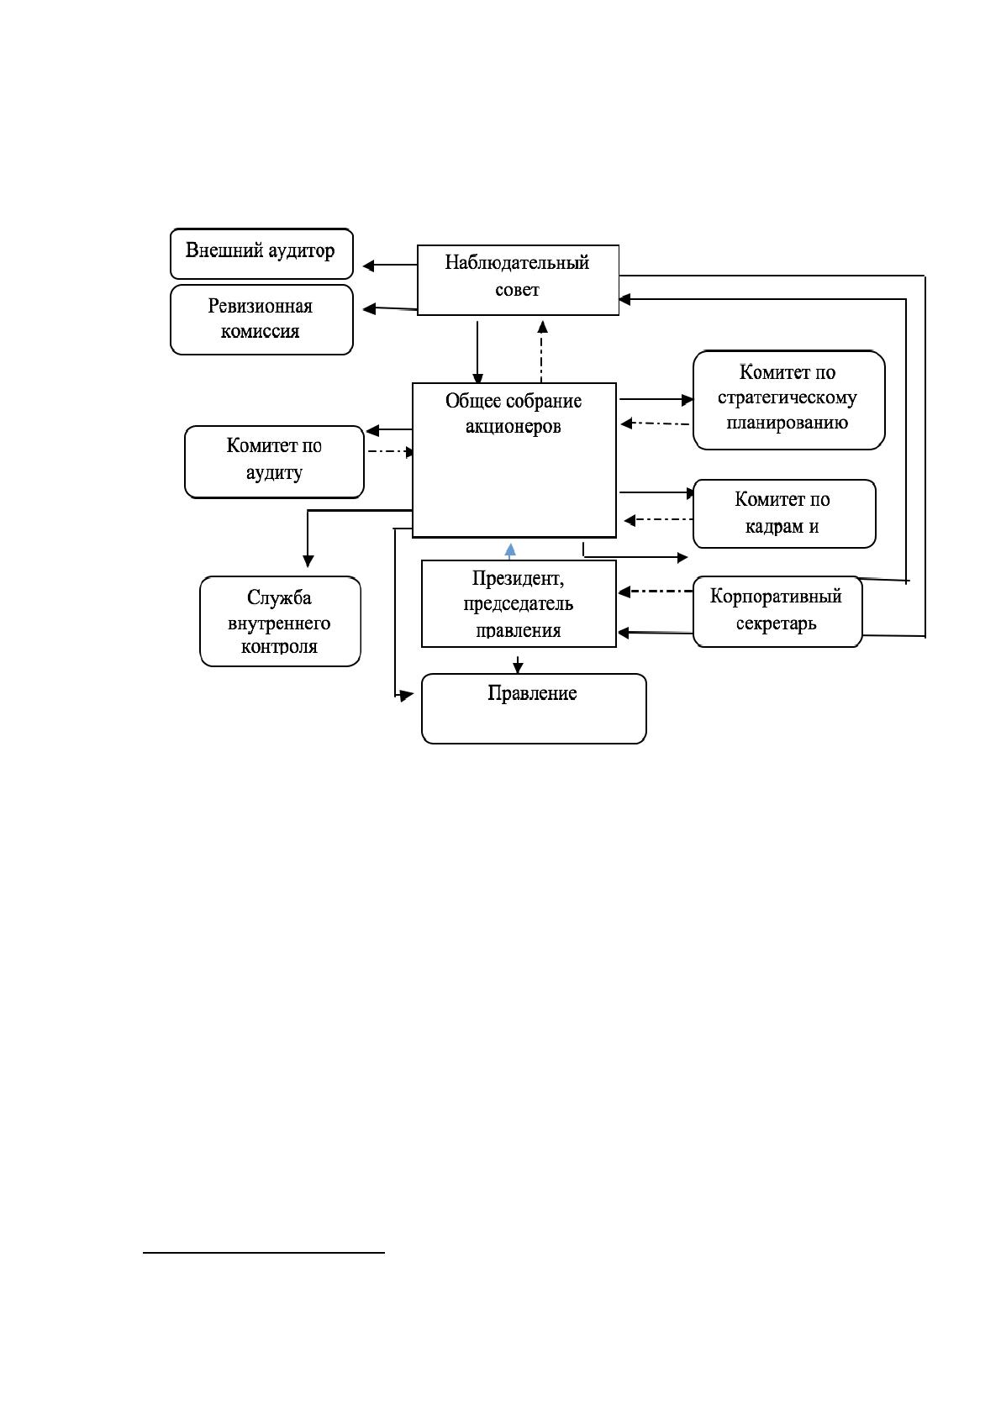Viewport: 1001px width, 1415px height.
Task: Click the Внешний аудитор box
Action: point(261,253)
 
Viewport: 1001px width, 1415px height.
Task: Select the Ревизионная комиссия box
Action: point(261,319)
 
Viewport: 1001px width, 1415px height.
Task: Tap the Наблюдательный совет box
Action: point(519,280)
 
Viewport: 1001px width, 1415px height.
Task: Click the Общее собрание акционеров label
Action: point(514,413)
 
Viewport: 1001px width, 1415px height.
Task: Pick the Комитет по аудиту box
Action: point(274,462)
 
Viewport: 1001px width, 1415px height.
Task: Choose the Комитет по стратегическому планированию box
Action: point(788,400)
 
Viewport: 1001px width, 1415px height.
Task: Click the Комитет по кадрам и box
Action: point(784,513)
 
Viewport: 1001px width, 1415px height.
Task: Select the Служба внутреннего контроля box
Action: point(280,621)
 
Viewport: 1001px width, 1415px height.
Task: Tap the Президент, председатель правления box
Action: point(519,603)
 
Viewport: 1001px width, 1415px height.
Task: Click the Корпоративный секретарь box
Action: point(777,611)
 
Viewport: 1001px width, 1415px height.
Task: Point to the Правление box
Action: point(534,708)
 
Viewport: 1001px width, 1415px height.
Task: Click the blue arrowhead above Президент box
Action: point(510,550)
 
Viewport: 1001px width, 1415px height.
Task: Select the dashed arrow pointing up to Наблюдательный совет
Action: point(541,351)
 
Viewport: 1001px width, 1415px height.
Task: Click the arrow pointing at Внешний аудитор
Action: point(390,266)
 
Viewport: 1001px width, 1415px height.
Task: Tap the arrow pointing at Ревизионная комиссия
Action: point(390,308)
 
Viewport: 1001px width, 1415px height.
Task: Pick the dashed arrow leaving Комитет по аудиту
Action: point(391,451)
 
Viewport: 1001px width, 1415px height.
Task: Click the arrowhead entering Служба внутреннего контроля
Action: point(308,561)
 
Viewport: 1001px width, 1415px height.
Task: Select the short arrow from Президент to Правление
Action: point(518,664)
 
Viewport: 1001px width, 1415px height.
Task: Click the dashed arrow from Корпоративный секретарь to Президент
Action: point(656,592)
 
